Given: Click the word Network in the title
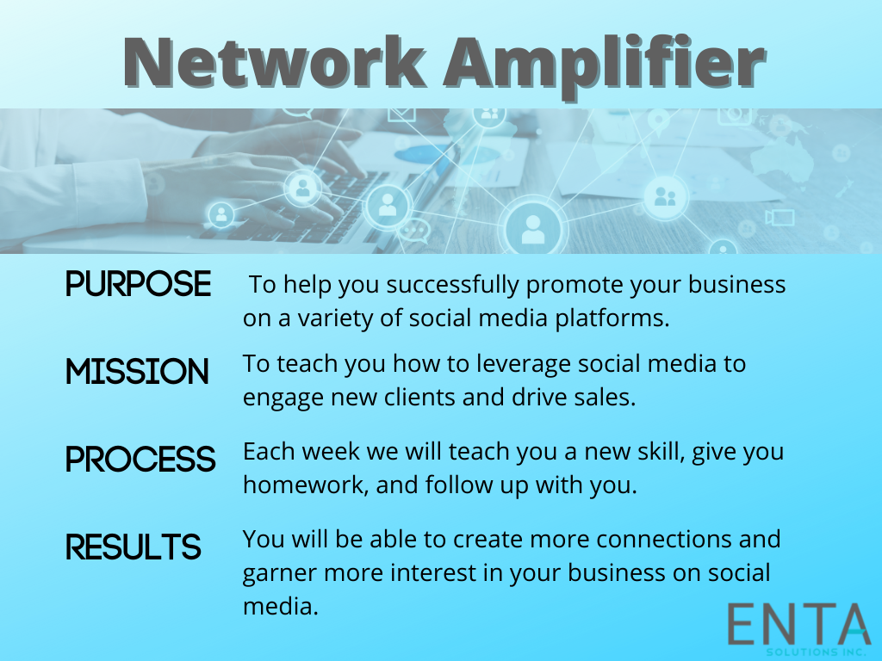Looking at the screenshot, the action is click(274, 62).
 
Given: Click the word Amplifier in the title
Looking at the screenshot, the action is click(605, 67).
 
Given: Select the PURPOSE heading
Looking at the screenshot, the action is click(139, 284).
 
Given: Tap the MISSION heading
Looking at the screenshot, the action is click(137, 372).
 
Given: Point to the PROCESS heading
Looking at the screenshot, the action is click(140, 460).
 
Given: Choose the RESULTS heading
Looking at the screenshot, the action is click(134, 547).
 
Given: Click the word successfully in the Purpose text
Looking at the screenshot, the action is click(452, 286).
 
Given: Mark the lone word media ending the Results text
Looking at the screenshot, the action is click(281, 607).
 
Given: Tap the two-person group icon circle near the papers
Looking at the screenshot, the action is click(666, 197).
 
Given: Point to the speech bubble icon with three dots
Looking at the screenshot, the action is click(414, 231).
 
